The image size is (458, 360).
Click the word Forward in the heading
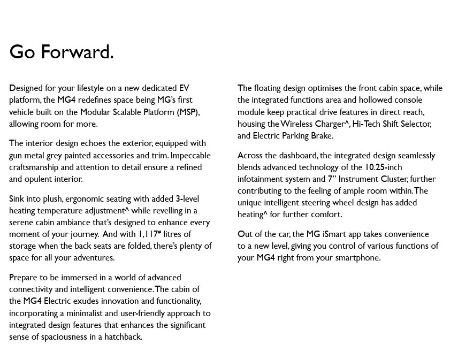pyautogui.click(x=77, y=52)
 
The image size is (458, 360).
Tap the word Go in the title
pyautogui.click(x=22, y=52)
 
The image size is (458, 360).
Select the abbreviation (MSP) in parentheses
pyautogui.click(x=188, y=112)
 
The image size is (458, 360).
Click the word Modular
pyautogui.click(x=95, y=112)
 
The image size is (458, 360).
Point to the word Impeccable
pyautogui.click(x=190, y=155)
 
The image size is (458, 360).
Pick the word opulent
pyautogui.click(x=41, y=179)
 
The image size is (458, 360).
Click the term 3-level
pyautogui.click(x=187, y=198)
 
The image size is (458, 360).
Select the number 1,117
pyautogui.click(x=148, y=234)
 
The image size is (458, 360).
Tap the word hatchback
pyautogui.click(x=123, y=336)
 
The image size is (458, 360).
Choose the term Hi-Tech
pyautogui.click(x=366, y=124)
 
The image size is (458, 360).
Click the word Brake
pyautogui.click(x=322, y=135)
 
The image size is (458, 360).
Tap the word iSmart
pyautogui.click(x=334, y=234)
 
